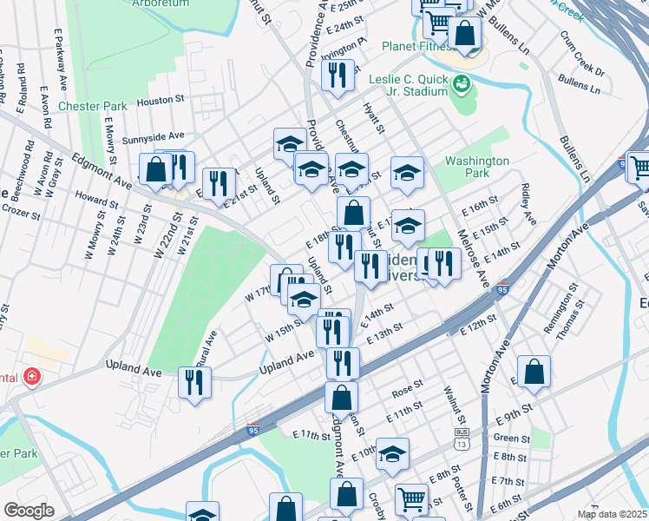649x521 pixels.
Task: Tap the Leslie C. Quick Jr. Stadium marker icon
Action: [461, 84]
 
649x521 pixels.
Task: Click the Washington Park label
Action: [476, 167]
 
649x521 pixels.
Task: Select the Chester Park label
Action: [92, 106]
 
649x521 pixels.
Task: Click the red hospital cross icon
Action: [32, 377]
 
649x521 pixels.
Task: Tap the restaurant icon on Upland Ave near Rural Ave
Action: [194, 381]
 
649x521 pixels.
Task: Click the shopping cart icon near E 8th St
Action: [411, 498]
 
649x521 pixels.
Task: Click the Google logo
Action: [29, 511]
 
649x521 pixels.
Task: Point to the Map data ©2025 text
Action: [612, 514]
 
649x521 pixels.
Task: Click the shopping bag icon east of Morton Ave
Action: [535, 371]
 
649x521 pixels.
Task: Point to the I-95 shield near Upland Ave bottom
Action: [252, 429]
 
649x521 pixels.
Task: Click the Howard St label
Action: [90, 198]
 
